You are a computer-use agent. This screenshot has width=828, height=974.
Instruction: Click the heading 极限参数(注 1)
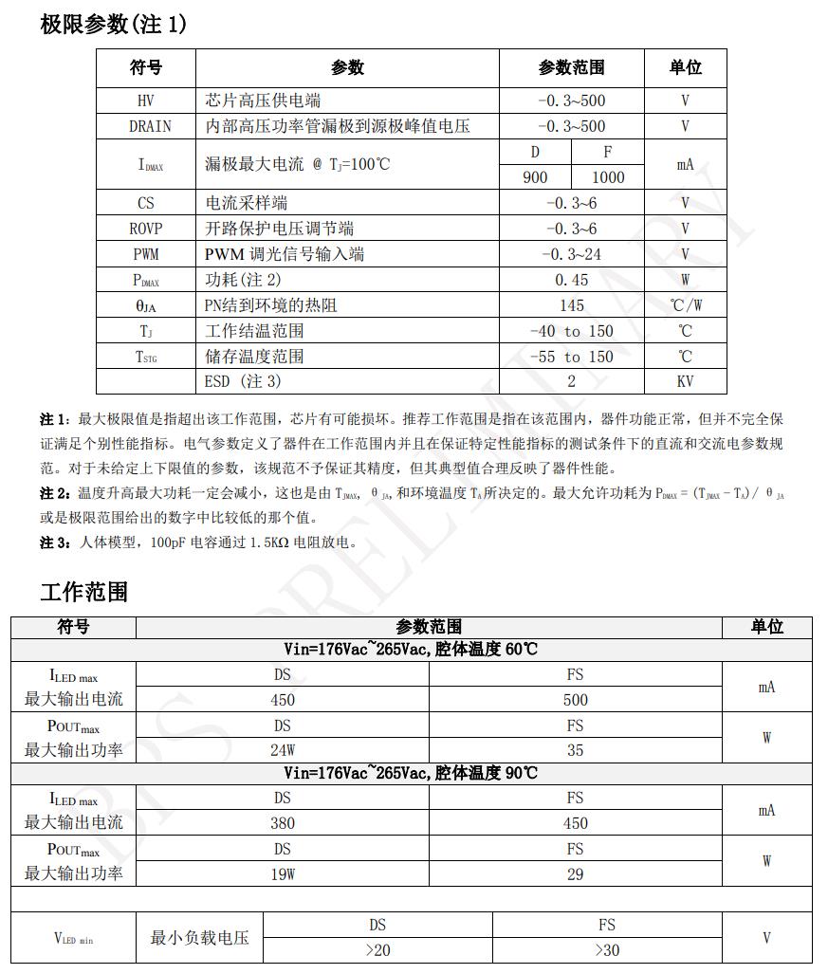(113, 25)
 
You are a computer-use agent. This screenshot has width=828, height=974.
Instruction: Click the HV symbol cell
(145, 101)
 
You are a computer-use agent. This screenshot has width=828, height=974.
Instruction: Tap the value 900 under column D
(535, 177)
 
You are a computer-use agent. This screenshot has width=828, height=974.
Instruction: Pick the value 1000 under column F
(608, 177)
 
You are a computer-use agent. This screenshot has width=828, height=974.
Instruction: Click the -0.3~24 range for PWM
(571, 254)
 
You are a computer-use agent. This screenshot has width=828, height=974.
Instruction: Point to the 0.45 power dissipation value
(571, 280)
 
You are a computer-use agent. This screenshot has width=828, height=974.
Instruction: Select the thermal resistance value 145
(571, 305)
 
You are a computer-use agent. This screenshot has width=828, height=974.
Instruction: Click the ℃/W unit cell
(685, 305)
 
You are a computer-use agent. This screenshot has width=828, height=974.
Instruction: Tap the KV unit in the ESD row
(685, 381)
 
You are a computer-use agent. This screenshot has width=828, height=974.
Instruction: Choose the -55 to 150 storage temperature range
(571, 357)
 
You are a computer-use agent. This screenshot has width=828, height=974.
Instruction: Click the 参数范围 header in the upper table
(571, 67)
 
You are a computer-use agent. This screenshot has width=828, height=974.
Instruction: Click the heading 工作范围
(83, 593)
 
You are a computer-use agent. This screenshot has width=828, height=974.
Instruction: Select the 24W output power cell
(283, 750)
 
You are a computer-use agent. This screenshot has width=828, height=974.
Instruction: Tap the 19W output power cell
(283, 874)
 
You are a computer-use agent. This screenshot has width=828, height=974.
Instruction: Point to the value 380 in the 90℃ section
(283, 823)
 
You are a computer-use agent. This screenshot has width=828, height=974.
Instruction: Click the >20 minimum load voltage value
(377, 950)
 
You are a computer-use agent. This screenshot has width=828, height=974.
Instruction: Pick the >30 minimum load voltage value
(607, 950)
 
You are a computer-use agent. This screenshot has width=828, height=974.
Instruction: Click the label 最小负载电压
(199, 938)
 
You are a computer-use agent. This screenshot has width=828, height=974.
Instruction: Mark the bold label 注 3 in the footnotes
(53, 542)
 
